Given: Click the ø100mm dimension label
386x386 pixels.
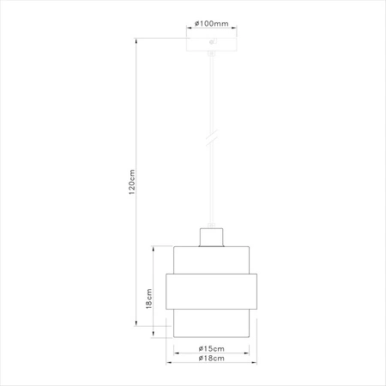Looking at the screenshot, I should (211, 23).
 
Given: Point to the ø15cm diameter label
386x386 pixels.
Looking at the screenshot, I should (211, 349).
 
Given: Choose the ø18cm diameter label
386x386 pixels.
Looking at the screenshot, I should (211, 358).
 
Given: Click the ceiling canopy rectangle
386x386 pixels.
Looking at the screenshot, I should (211, 45).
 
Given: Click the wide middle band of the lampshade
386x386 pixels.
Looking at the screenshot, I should (211, 292).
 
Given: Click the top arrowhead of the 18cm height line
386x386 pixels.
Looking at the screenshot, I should (154, 248).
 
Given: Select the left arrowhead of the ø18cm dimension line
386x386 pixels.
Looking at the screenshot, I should (169, 362).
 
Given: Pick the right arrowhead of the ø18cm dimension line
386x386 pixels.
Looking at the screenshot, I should (254, 362).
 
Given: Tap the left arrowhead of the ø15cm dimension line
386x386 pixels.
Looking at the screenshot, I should (177, 353).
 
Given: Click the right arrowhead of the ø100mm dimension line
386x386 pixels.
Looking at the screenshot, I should (236, 27).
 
